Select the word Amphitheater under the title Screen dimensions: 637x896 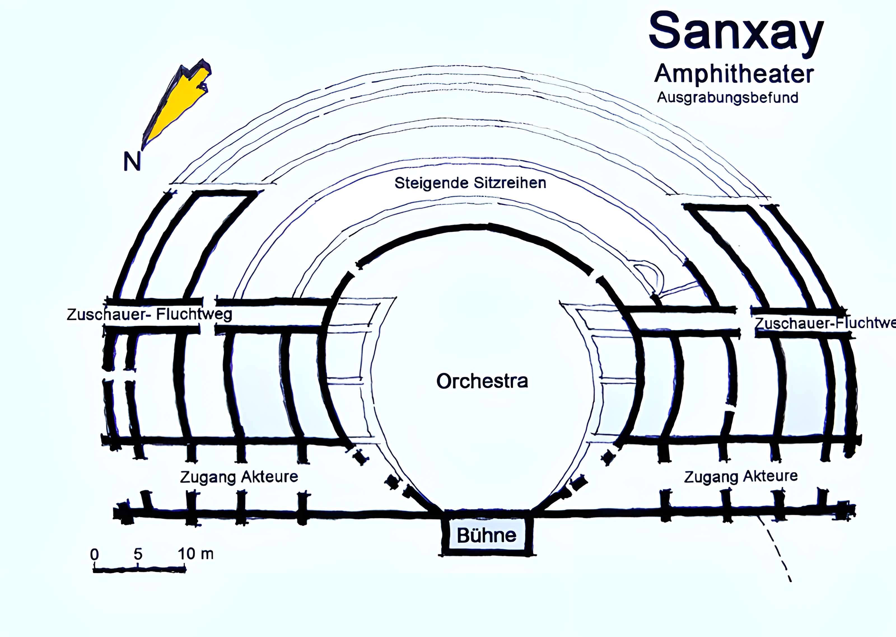coord(734,74)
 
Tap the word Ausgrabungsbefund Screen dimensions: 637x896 coord(727,98)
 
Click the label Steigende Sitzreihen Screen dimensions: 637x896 coord(470,183)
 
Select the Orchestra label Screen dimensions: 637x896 coord(482,381)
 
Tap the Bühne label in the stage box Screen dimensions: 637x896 coord(486,535)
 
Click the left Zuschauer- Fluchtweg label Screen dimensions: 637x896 coord(149,315)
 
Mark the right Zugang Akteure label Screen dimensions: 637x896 coord(741,476)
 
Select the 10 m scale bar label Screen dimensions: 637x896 coord(195,554)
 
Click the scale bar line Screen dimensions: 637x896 coord(139,568)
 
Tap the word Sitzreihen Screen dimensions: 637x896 coord(510,183)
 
